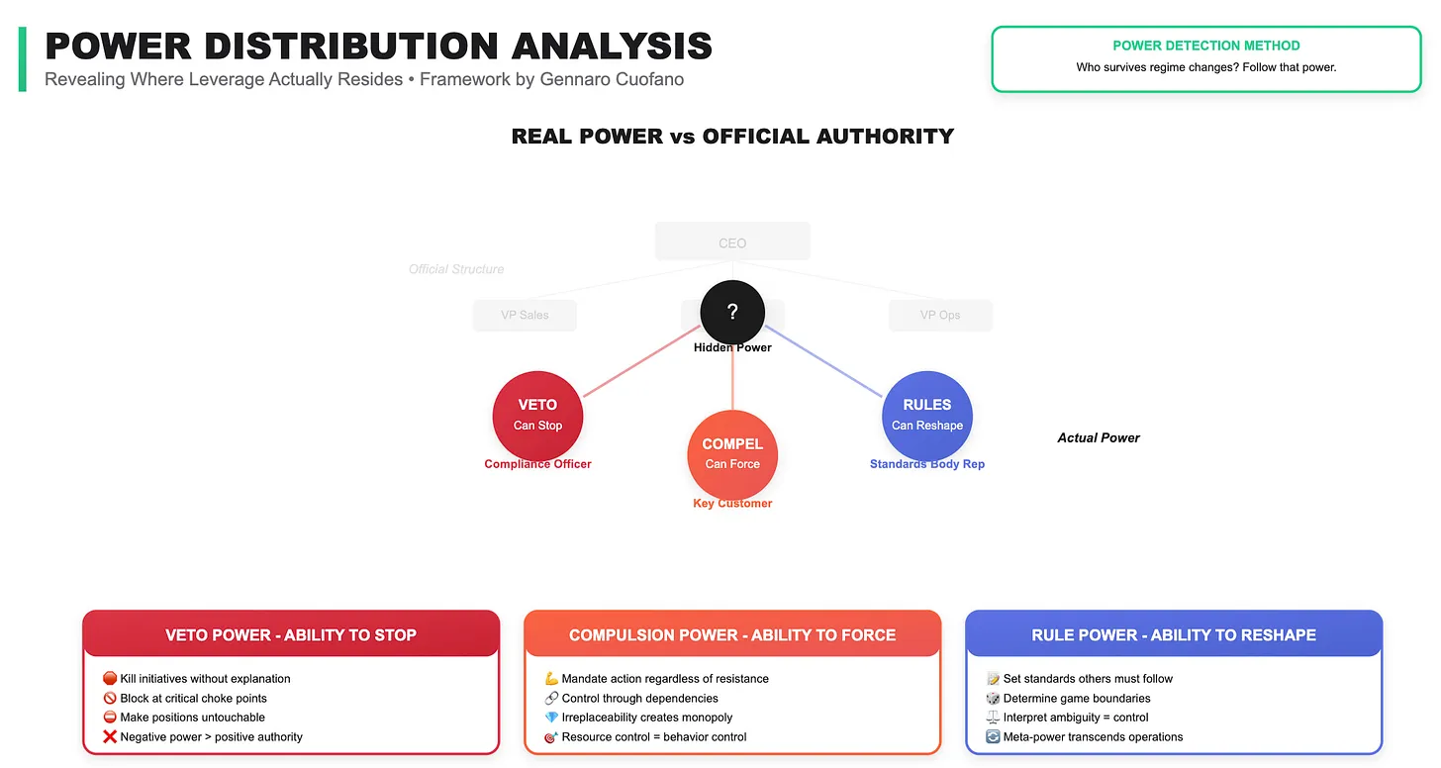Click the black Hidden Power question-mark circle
click(732, 313)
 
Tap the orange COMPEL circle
click(732, 454)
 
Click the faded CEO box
click(732, 242)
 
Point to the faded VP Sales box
click(525, 315)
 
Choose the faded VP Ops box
click(940, 315)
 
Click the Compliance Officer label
click(537, 464)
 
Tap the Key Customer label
click(732, 504)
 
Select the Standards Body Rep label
click(927, 464)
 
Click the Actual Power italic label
click(1099, 437)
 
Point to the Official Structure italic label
click(456, 269)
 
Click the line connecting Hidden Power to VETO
click(643, 363)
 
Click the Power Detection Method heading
click(1206, 46)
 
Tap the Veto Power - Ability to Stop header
click(291, 635)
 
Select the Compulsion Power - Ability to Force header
click(732, 635)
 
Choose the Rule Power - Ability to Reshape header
click(1174, 635)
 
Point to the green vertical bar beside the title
click(23, 59)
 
